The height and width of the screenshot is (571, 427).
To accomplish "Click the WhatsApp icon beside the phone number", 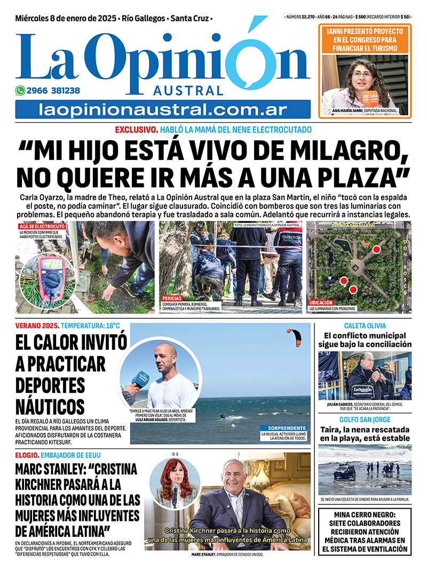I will coord(20,91).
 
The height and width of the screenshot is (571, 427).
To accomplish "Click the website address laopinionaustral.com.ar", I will coord(163,110).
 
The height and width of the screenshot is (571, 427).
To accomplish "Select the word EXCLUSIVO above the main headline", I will coord(137,130).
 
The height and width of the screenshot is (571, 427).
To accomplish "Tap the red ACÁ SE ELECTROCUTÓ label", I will coord(42,227).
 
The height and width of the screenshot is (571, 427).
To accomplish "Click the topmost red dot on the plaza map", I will coord(376,249).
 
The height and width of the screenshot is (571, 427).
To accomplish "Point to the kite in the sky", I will coord(294,337).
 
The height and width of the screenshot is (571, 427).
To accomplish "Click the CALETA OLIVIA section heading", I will coord(365,326).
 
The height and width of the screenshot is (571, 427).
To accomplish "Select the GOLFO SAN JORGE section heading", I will coord(365,420).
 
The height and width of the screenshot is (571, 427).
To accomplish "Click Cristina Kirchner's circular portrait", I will coord(175,482).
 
